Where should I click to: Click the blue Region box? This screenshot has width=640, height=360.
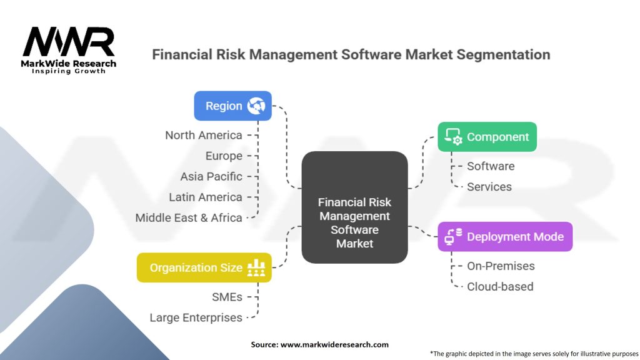coord(232,106)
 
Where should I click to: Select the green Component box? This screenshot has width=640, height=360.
coord(487,137)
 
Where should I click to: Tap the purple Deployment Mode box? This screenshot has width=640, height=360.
coord(504,237)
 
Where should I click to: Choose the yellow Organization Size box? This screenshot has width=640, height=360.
coord(204,267)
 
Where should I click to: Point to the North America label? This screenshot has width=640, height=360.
coord(203,135)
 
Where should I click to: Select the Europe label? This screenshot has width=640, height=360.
coord(224,156)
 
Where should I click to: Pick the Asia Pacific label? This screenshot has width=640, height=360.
coord(211,176)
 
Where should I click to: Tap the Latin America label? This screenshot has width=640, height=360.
coord(205,197)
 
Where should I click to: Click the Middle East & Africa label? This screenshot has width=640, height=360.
coord(189,217)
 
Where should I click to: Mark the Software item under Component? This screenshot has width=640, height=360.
coord(491,166)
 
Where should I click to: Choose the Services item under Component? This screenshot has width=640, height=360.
coord(489,187)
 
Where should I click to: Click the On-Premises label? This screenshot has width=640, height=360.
coord(501,266)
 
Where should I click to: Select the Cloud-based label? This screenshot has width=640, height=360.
coord(500,286)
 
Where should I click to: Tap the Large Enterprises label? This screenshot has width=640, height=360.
coord(196,317)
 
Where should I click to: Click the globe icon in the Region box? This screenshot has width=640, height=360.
coord(256,106)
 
